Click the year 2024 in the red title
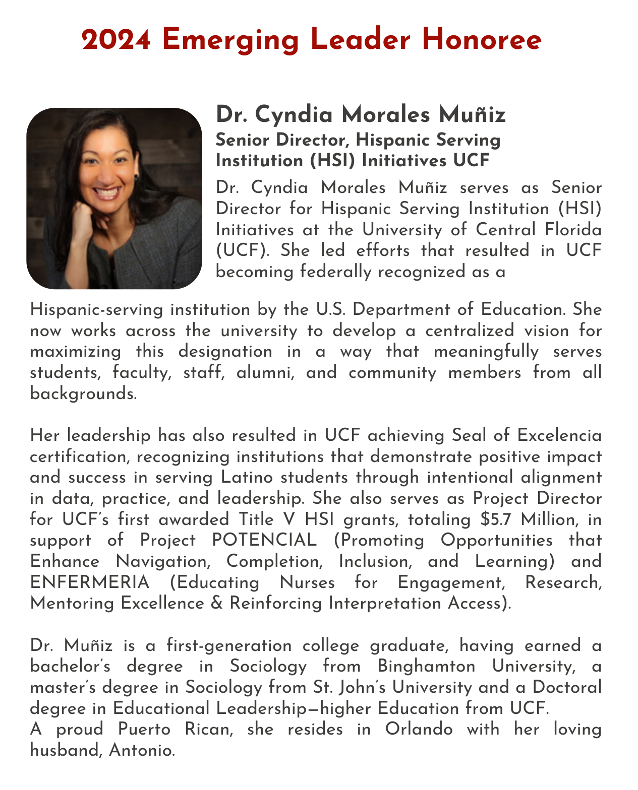tap(117, 40)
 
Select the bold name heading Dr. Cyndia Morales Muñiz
tap(361, 115)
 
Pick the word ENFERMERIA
tap(90, 582)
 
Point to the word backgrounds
tap(83, 394)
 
